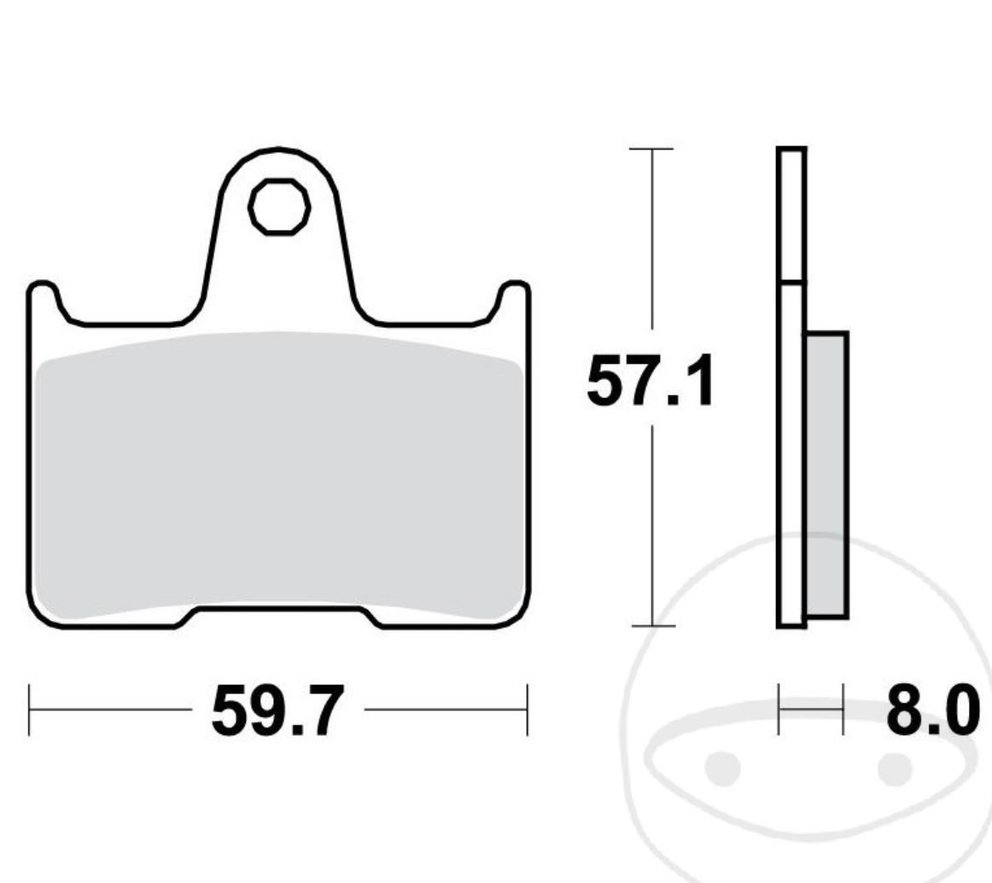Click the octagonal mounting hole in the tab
tap(278, 207)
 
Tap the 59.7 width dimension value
tap(277, 710)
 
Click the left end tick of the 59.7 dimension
tap(30, 709)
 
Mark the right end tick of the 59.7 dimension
tap(527, 709)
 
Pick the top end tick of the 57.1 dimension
tap(652, 149)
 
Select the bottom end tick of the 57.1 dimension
tap(652, 625)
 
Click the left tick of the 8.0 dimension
tap(779, 708)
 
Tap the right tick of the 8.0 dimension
tap(843, 708)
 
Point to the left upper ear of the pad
tap(43, 295)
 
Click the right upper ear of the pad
tap(514, 295)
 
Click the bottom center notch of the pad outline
tap(278, 608)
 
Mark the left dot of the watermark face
tap(723, 767)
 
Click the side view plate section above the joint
tap(791, 213)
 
